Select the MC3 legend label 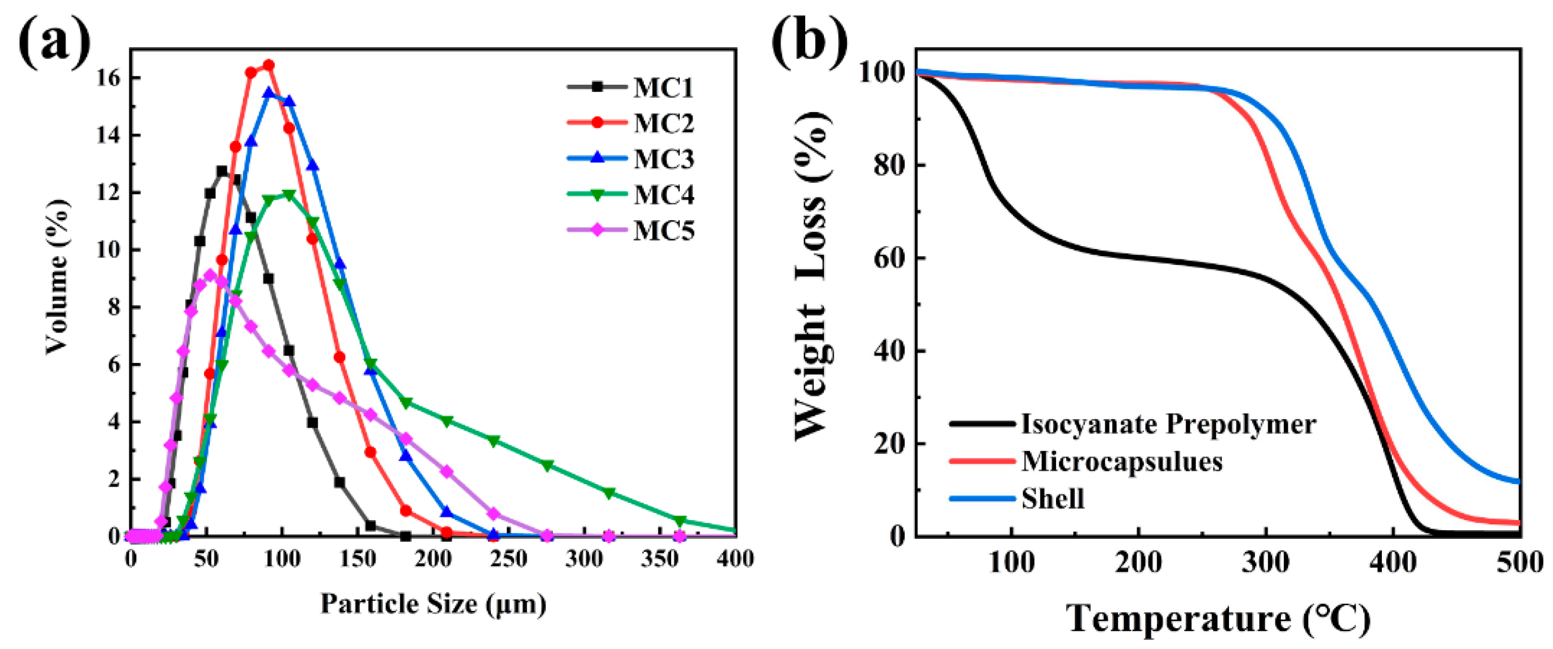[663, 159]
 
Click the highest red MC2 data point [269, 65]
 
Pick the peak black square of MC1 [222, 171]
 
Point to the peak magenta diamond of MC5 [210, 276]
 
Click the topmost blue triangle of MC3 [269, 93]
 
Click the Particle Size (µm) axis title [433, 603]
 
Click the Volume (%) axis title [57, 277]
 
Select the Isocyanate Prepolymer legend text [1168, 424]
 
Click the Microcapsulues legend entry [1121, 462]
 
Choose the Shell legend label [1052, 499]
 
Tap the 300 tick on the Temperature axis [1266, 563]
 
